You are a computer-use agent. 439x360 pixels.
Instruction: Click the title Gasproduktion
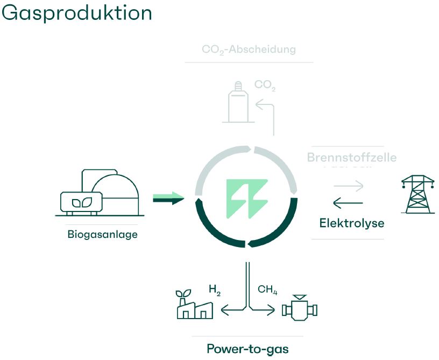[77, 13]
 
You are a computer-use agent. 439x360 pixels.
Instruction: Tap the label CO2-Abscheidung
[249, 50]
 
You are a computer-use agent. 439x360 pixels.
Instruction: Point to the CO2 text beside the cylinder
[265, 84]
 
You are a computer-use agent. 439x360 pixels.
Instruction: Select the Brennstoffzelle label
[351, 158]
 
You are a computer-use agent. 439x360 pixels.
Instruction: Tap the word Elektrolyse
[352, 222]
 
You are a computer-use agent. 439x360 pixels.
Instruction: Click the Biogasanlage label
[102, 234]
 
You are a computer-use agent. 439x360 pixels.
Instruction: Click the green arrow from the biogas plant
[168, 199]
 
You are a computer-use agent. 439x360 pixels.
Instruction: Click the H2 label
[215, 291]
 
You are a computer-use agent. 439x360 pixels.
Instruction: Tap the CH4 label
[267, 290]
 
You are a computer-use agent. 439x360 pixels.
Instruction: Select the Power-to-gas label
[247, 348]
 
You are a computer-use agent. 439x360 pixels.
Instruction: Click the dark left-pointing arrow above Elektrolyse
[348, 203]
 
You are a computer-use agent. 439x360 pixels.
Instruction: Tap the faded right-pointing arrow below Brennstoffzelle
[348, 186]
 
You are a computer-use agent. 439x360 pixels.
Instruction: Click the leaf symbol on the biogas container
[82, 202]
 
